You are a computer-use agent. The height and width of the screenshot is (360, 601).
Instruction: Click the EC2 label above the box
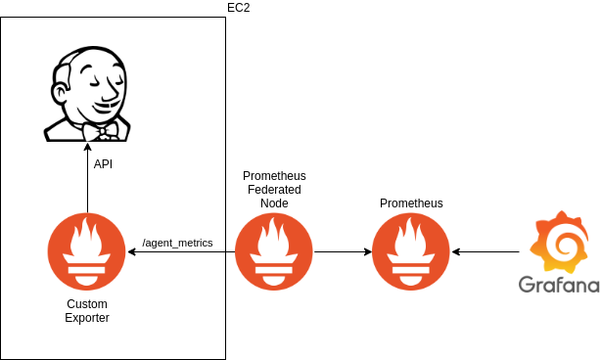[x=239, y=8]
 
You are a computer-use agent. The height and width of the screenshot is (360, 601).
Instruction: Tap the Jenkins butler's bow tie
[x=102, y=132]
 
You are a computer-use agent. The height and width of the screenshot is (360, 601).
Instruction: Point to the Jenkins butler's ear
[x=60, y=94]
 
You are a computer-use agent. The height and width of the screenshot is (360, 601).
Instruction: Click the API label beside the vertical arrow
[x=103, y=164]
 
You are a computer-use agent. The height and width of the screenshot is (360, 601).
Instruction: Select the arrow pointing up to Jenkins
[x=87, y=178]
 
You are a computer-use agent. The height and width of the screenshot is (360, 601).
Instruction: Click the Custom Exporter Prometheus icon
[x=86, y=251]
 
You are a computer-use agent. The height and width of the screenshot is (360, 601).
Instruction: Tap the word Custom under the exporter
[x=87, y=303]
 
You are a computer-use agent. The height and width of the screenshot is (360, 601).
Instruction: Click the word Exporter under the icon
[x=87, y=318]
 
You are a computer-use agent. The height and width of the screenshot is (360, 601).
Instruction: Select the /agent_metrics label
[x=177, y=243]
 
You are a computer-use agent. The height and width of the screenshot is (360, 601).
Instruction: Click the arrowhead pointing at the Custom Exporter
[x=131, y=251]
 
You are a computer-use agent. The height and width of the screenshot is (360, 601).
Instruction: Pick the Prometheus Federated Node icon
[x=274, y=251]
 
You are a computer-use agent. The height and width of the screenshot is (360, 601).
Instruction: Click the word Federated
[x=274, y=189]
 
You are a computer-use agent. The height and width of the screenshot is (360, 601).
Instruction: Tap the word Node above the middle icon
[x=274, y=202]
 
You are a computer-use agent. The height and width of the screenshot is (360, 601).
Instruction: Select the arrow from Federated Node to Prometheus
[x=343, y=251]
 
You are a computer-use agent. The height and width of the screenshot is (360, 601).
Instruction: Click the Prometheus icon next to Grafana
[x=411, y=251]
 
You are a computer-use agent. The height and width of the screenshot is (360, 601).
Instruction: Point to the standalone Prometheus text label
[x=411, y=202]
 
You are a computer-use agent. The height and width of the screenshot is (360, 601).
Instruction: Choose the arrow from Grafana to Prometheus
[x=485, y=251]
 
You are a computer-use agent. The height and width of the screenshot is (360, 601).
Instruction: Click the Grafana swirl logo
[x=559, y=242]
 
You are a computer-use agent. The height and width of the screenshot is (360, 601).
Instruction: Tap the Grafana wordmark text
[x=559, y=285]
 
